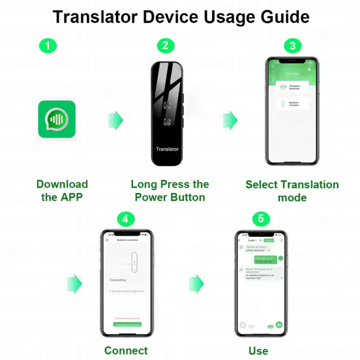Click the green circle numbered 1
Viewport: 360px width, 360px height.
pyautogui.click(x=48, y=46)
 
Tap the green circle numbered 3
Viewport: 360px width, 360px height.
pyautogui.click(x=292, y=46)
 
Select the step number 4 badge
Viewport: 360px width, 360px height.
pyautogui.click(x=125, y=219)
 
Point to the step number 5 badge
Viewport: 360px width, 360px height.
pyautogui.click(x=261, y=219)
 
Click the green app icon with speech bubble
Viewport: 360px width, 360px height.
pyautogui.click(x=57, y=119)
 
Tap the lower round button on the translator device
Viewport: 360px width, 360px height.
pyautogui.click(x=167, y=121)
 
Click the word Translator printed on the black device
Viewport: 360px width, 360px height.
pyautogui.click(x=167, y=149)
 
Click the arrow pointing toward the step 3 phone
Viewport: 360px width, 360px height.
pyautogui.click(x=230, y=120)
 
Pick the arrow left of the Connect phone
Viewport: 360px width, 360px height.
pyautogui.click(x=75, y=284)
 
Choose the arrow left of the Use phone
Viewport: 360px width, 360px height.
pyautogui.click(x=197, y=284)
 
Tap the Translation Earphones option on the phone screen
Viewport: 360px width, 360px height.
pyautogui.click(x=292, y=87)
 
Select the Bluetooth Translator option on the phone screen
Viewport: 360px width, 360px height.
pyautogui.click(x=292, y=104)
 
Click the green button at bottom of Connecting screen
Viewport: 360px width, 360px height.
pyautogui.click(x=127, y=324)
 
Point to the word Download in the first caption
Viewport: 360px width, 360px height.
pyautogui.click(x=62, y=184)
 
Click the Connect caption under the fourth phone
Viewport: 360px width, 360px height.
pyautogui.click(x=126, y=350)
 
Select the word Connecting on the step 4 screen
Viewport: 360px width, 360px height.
pyautogui.click(x=118, y=280)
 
